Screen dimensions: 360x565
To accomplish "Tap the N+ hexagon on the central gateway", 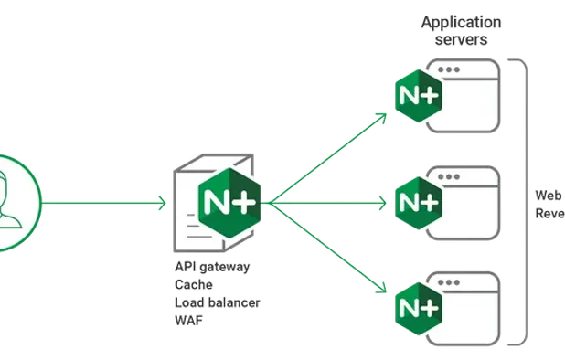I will pyautogui.click(x=229, y=200).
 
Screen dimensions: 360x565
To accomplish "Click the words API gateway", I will pyautogui.click(x=214, y=268).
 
